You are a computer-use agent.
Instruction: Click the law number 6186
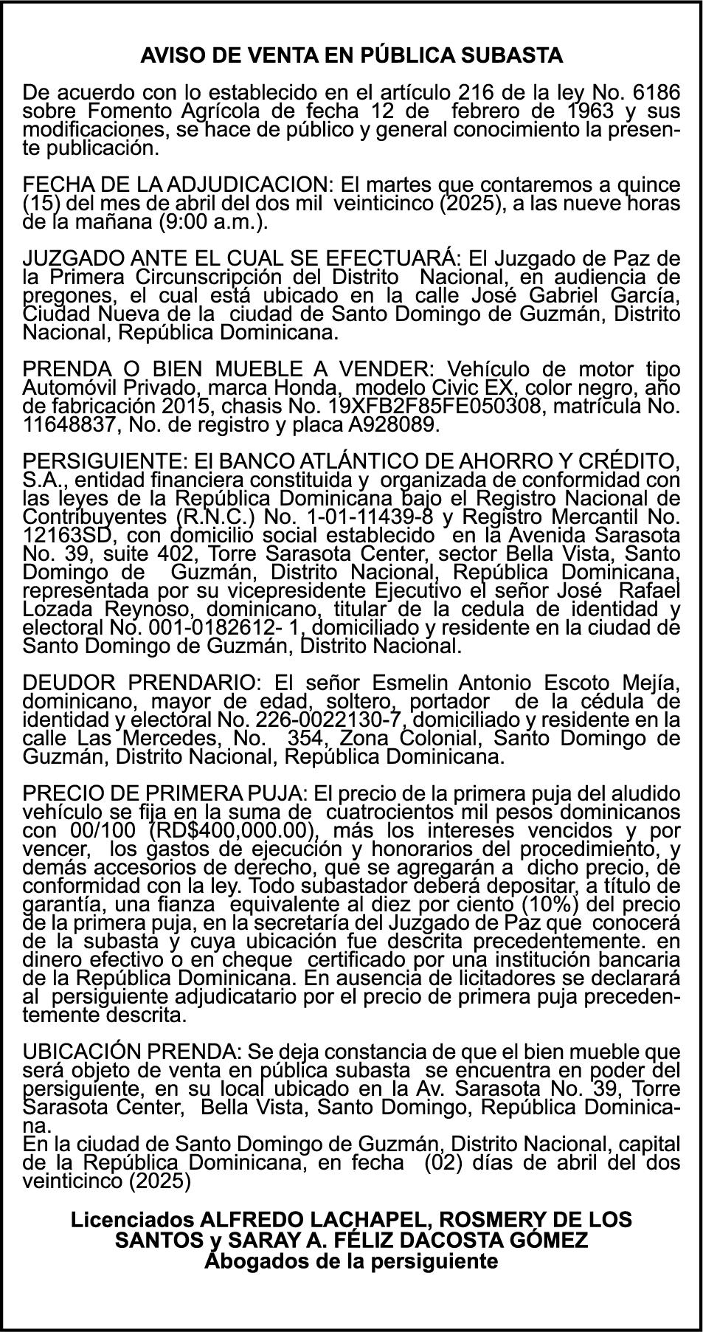(x=657, y=93)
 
